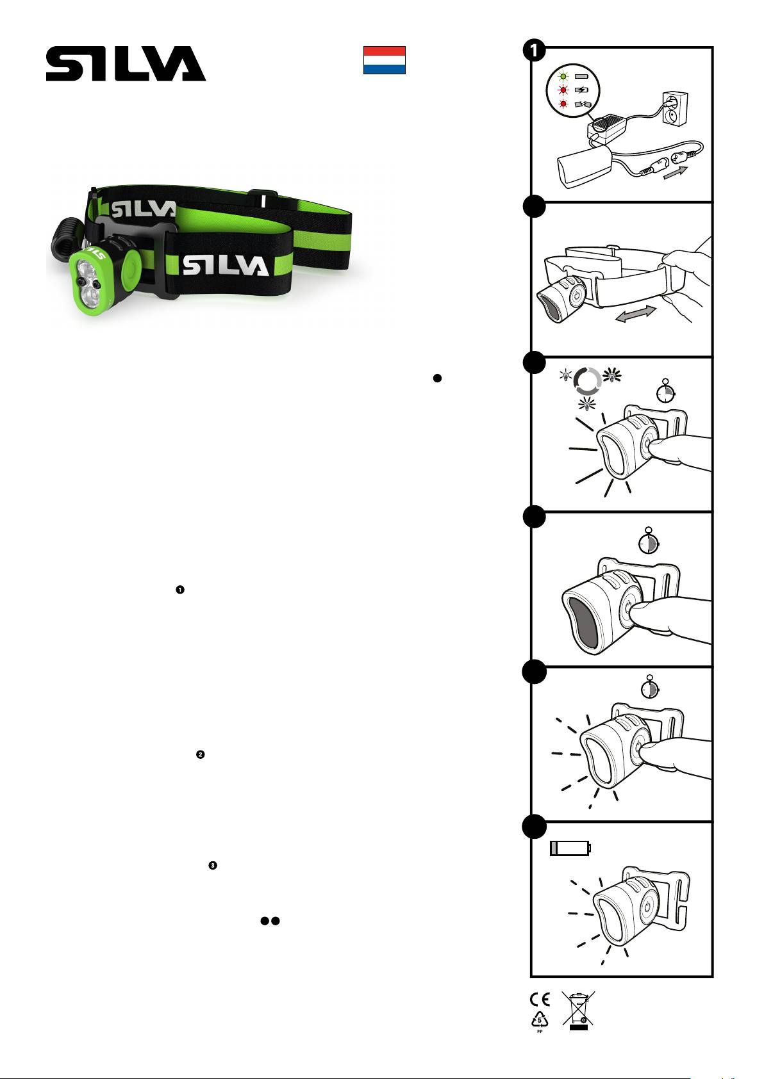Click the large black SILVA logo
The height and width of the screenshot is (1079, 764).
[x=126, y=63]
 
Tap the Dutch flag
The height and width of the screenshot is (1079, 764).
[x=384, y=60]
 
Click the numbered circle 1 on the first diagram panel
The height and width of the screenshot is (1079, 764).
[x=534, y=51]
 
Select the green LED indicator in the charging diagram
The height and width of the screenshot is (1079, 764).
[x=563, y=76]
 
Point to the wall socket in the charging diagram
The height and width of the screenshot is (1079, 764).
[x=676, y=108]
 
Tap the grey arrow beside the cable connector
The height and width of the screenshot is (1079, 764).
[x=676, y=172]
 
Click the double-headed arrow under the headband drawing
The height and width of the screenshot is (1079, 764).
[x=636, y=314]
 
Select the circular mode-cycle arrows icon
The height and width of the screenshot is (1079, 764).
[x=588, y=381]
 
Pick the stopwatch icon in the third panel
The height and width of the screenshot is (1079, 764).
[x=665, y=392]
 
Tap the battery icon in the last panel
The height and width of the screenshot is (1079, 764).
[x=570, y=848]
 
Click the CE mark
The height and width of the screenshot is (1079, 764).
[x=540, y=1000]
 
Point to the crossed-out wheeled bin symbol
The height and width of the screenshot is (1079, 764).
[x=578, y=1009]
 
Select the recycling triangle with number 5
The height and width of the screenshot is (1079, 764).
[x=540, y=1019]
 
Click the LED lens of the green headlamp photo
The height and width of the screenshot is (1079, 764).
[x=87, y=281]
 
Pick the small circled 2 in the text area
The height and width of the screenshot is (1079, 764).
[x=201, y=754]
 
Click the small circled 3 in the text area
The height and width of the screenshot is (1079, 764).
[x=213, y=866]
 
